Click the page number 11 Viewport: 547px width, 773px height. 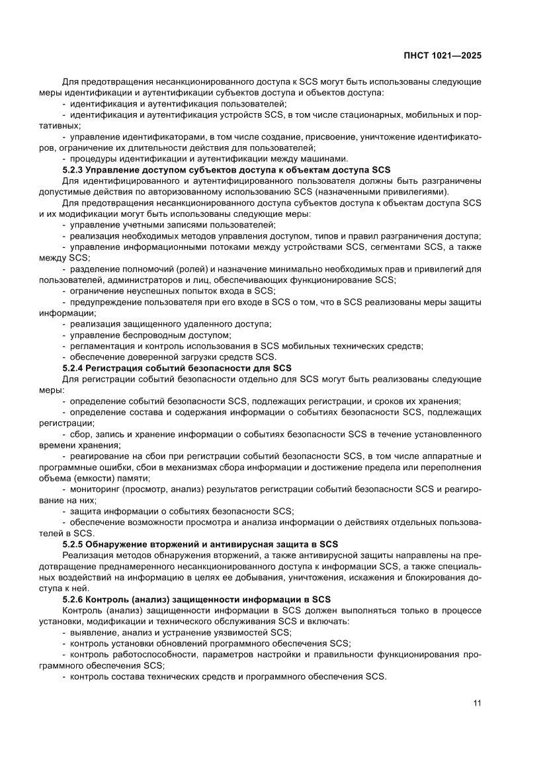tap(476, 703)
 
